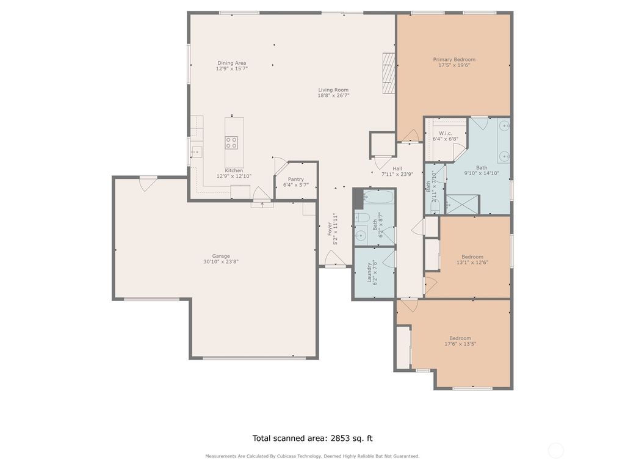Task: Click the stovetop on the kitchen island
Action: click(232, 143)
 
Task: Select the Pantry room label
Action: click(296, 179)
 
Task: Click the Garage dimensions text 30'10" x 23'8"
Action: click(221, 262)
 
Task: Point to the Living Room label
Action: click(333, 90)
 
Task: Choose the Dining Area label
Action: click(231, 63)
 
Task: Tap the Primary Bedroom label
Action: click(454, 59)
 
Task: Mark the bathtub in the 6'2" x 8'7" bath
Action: click(378, 197)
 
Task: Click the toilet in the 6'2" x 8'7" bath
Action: click(361, 219)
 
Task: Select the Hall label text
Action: click(397, 169)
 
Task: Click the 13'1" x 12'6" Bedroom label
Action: click(472, 256)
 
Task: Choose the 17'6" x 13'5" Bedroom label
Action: click(460, 338)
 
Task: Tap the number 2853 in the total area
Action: click(342, 438)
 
